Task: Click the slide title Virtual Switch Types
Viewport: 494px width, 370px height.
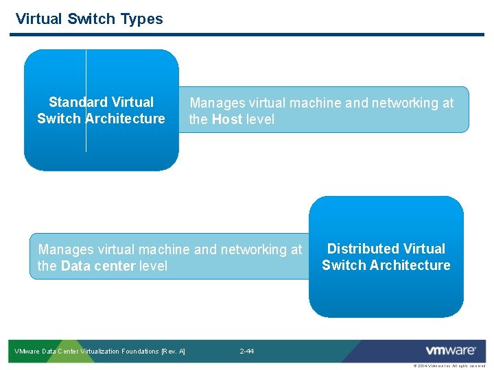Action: [x=89, y=19]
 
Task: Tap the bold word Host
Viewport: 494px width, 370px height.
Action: [x=226, y=120]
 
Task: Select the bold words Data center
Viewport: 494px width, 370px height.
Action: [x=98, y=267]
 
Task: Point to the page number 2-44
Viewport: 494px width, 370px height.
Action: [x=247, y=351]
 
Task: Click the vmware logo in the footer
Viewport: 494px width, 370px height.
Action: [x=451, y=351]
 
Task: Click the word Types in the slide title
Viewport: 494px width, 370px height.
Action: [x=142, y=19]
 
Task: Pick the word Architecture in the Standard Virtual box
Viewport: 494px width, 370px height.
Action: [x=124, y=119]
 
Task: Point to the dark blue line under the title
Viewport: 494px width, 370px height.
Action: [x=247, y=34]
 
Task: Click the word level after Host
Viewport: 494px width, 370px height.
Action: [x=260, y=120]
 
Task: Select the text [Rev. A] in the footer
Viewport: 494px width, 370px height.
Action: [x=174, y=351]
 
